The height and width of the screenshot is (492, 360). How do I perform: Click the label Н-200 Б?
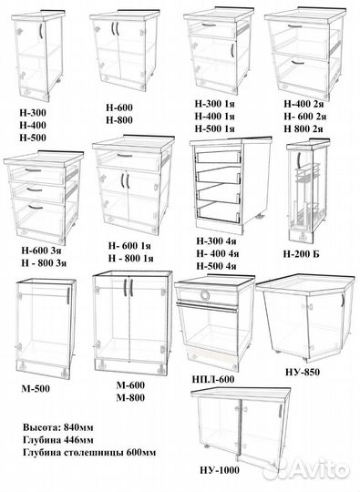(x=301, y=254)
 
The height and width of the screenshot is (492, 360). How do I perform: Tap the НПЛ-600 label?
(x=213, y=379)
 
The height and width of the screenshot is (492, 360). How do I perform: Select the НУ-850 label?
(x=303, y=372)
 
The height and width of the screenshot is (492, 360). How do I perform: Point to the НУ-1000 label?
(x=220, y=470)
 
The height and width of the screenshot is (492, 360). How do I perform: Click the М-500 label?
(x=36, y=389)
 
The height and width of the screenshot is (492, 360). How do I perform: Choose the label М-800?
(x=130, y=397)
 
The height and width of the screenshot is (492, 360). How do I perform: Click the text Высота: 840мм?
(x=57, y=427)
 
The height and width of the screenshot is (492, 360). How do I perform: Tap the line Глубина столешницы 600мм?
(x=89, y=453)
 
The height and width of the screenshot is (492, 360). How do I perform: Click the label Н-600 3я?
(x=41, y=251)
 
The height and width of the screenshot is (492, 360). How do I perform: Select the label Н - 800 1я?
(x=131, y=258)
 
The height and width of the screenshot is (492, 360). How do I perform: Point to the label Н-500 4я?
(x=216, y=266)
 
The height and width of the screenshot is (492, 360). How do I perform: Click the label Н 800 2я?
(x=303, y=128)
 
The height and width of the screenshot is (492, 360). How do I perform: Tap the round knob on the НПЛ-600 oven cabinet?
(x=205, y=295)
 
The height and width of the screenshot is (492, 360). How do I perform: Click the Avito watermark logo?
(x=306, y=469)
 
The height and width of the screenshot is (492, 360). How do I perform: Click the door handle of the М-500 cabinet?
(x=67, y=296)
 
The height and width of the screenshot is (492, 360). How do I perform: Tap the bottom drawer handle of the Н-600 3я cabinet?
(x=36, y=207)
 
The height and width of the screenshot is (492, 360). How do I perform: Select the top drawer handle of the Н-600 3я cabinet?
(x=33, y=170)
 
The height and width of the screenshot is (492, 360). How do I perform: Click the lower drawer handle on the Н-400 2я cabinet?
(x=297, y=63)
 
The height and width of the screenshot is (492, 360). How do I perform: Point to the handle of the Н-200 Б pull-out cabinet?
(x=300, y=161)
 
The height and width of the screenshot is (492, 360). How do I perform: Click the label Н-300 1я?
(x=215, y=104)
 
